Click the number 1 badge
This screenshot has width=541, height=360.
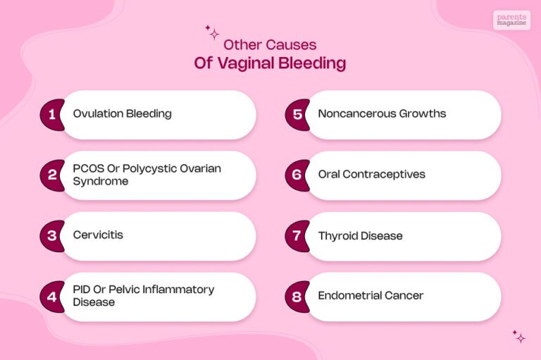point(51,114)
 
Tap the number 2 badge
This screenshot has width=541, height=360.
point(51,175)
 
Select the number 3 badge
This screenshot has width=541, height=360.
point(51,235)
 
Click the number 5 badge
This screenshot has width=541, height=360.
point(297,114)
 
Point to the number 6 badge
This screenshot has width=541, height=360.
point(297,175)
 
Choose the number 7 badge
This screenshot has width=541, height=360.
point(297,235)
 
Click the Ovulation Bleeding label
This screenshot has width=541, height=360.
point(122,113)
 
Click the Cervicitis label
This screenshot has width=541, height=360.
point(98,235)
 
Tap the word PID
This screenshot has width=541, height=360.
point(82,290)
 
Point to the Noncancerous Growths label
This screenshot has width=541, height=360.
point(382,113)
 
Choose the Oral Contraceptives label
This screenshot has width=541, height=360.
point(371,174)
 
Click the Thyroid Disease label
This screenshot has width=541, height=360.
point(360,235)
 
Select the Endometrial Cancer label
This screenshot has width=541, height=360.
point(371,296)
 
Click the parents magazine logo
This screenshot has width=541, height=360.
point(511,20)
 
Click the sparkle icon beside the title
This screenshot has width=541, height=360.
point(212,32)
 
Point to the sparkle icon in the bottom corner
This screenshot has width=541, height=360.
point(519,336)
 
